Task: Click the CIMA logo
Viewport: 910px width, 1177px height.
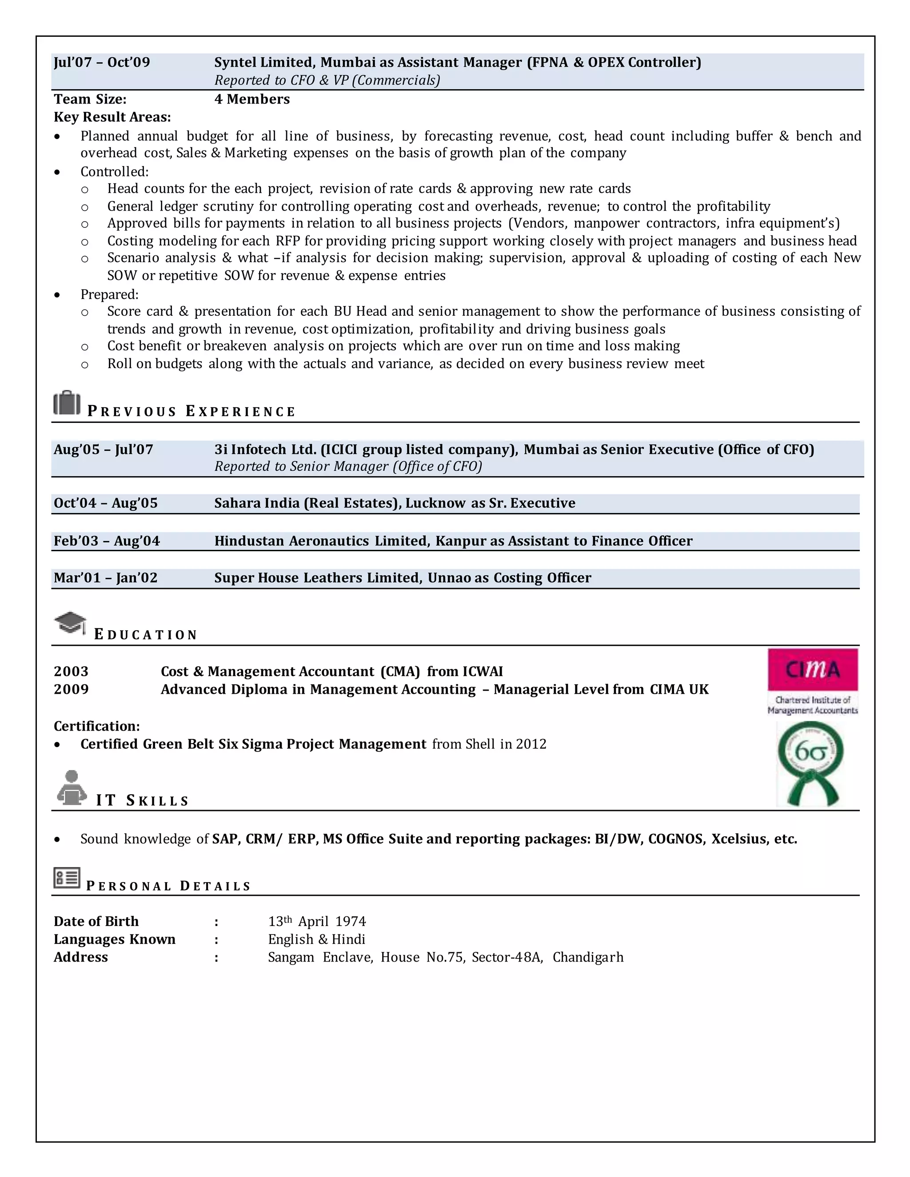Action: pos(812,681)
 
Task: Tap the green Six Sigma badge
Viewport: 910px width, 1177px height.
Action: pos(810,763)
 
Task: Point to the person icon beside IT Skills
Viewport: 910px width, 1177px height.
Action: pos(71,787)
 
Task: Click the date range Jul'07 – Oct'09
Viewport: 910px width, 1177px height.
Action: pos(102,63)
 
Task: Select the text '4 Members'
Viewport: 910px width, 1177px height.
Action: pos(252,99)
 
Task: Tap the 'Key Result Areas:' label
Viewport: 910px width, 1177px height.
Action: pos(112,117)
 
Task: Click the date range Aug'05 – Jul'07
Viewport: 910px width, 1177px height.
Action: pos(104,449)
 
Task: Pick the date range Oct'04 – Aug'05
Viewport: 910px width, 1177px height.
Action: pos(106,503)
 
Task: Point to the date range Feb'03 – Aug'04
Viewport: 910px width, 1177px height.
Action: pos(107,541)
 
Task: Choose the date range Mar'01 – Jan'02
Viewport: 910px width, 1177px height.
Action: pos(106,578)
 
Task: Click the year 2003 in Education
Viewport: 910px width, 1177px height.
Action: pos(71,672)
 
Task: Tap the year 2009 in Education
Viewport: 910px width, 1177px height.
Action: pos(71,689)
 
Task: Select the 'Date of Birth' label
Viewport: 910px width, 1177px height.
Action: pos(96,922)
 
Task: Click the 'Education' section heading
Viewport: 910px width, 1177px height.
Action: pos(146,634)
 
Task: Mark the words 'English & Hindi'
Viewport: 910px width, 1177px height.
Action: pos(316,939)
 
